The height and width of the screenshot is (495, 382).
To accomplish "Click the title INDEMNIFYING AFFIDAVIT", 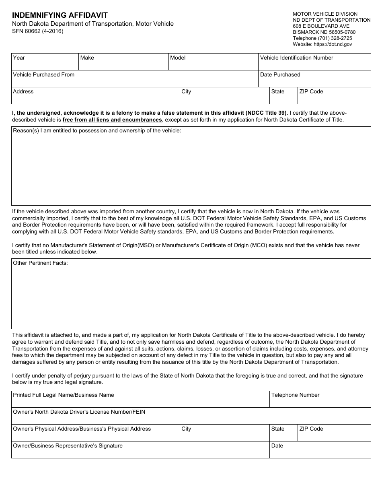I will (60, 15).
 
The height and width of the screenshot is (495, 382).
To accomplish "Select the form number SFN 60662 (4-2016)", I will (38, 31).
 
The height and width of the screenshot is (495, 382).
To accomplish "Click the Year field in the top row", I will (45, 63).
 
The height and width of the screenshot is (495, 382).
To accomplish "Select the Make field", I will (123, 63).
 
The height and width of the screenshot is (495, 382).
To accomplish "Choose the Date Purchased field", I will (314, 80).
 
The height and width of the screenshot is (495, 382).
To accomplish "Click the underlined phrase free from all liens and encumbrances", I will (112, 120).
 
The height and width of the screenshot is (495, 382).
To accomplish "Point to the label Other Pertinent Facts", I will (41, 263).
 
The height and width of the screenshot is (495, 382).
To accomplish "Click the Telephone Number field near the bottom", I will (320, 401).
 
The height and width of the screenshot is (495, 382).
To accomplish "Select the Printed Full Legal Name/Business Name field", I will (140, 401).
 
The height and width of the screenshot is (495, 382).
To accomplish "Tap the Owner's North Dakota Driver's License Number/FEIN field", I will (191, 417).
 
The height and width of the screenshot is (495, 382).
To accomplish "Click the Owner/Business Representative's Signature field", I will (140, 452).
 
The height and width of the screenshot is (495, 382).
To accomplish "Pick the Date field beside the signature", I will (320, 452).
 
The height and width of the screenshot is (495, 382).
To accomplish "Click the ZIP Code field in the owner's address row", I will (334, 435).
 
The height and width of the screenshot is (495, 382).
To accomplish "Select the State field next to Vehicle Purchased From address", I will (283, 97).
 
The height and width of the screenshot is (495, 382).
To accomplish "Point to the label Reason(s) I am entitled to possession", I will (97, 131).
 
